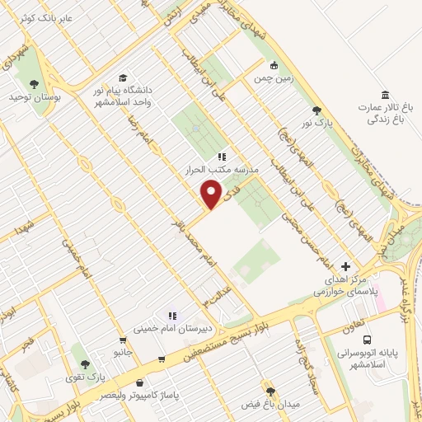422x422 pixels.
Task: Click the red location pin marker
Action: point(212,195)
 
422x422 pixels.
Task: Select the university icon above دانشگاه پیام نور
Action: point(123,77)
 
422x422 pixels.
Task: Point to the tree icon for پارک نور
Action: point(316,110)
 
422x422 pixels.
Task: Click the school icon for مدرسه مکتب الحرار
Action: point(222,157)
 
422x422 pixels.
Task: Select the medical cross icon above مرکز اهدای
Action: point(345,266)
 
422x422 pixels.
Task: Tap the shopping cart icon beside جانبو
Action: point(123,339)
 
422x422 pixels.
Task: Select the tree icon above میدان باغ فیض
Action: point(270,390)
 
